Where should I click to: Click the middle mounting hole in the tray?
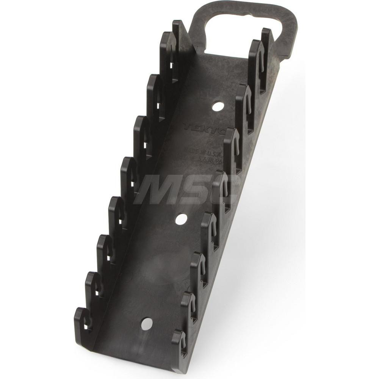181,219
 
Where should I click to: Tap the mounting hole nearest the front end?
146,323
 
